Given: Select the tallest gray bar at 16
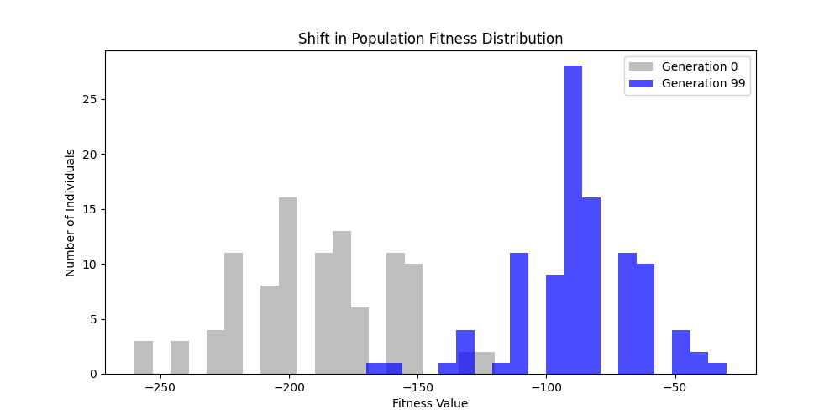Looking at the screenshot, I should tap(287, 286).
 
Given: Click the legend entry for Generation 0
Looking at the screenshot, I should tap(700, 66).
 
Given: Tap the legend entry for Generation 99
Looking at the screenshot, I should tap(703, 83).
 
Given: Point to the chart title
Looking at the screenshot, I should tap(430, 39).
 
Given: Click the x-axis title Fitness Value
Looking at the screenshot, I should tap(430, 403).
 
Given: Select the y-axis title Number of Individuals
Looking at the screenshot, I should tap(71, 213).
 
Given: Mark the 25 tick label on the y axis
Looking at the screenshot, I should tap(88, 99).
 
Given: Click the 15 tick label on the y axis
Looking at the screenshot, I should tap(88, 209).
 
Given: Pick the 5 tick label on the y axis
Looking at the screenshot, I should tap(92, 319).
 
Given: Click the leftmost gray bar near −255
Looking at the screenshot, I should tap(144, 357).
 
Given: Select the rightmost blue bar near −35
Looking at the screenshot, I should tap(717, 368).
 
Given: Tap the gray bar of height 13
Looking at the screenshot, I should tap(341, 302).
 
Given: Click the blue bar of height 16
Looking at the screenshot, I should tap(591, 286).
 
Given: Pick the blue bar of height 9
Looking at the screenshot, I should tap(554, 324).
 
